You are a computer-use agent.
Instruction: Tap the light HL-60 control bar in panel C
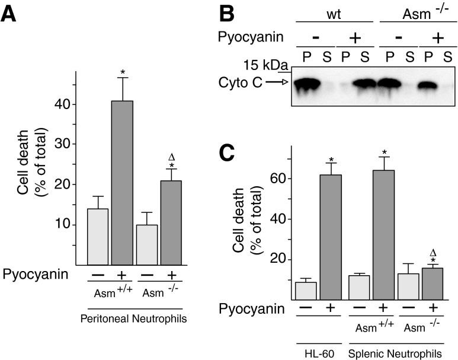[x=306, y=291]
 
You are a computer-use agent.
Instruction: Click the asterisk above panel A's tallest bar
[x=123, y=72]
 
